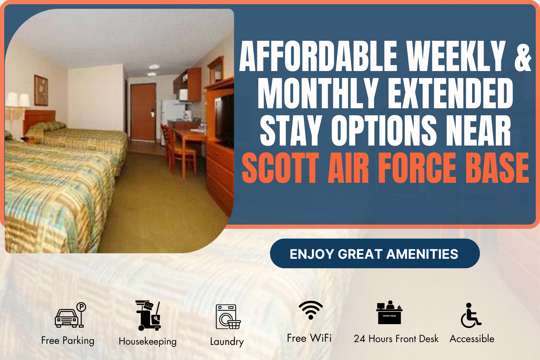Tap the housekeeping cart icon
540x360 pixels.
click(148, 315)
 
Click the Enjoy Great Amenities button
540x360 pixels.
click(374, 253)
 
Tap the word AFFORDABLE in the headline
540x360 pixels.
click(318, 56)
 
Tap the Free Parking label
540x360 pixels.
click(68, 340)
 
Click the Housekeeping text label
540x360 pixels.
click(148, 341)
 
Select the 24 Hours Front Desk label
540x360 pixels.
click(396, 339)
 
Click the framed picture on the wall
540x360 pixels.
click(41, 90)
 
